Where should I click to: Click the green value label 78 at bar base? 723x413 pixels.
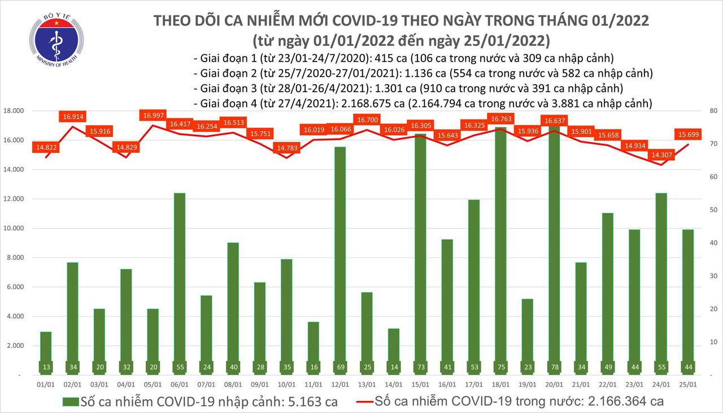(553, 367)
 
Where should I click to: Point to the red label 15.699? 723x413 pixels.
(687, 134)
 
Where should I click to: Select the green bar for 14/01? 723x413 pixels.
(394, 351)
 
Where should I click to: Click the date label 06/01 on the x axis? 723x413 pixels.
(180, 384)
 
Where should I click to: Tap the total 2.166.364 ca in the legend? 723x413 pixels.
(614, 402)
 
